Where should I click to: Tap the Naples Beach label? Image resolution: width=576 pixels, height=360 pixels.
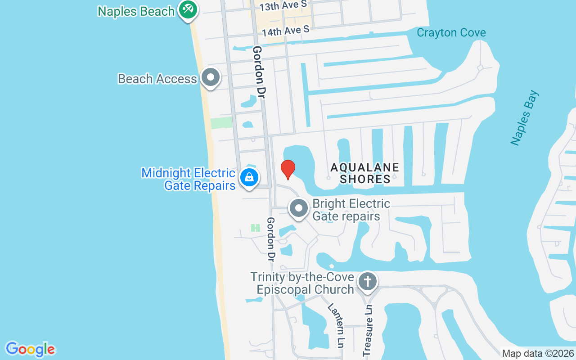point(136,11)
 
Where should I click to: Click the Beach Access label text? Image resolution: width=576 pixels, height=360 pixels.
point(157,79)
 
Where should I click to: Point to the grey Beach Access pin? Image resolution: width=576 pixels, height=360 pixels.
point(210,77)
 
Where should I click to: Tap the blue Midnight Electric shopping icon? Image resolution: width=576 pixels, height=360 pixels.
point(249,177)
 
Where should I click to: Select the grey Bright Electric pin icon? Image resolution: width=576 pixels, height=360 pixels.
point(298,208)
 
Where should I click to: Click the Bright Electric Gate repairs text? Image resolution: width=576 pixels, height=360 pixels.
point(351,210)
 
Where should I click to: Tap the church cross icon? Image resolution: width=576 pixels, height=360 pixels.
point(368,282)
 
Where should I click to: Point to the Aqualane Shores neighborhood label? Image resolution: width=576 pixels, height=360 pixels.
point(365,173)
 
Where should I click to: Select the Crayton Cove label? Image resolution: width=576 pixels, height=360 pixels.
point(451,32)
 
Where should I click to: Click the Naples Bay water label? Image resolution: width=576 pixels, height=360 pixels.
point(525,118)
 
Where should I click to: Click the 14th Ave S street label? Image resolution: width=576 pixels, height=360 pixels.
point(286,31)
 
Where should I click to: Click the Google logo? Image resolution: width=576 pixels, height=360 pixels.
point(30,349)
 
